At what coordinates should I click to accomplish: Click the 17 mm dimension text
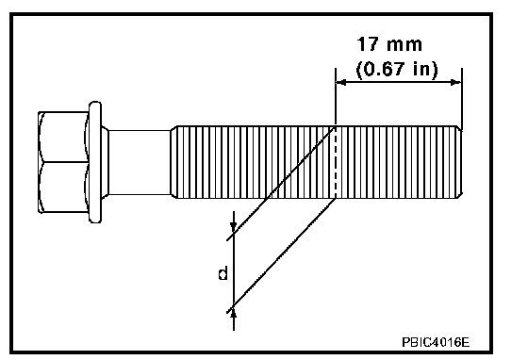point(389,44)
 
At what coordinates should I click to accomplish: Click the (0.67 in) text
point(397,69)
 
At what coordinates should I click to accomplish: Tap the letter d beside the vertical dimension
point(223,273)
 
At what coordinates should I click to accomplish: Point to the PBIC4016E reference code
point(436,342)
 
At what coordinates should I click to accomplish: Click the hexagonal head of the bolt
point(63,162)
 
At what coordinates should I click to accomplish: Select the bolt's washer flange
point(95,162)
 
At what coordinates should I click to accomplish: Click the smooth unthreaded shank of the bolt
point(140,162)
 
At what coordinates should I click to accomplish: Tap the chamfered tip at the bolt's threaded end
point(460,162)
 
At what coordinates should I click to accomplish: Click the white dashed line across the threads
point(335,162)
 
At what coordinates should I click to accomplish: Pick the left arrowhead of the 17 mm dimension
point(340,82)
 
